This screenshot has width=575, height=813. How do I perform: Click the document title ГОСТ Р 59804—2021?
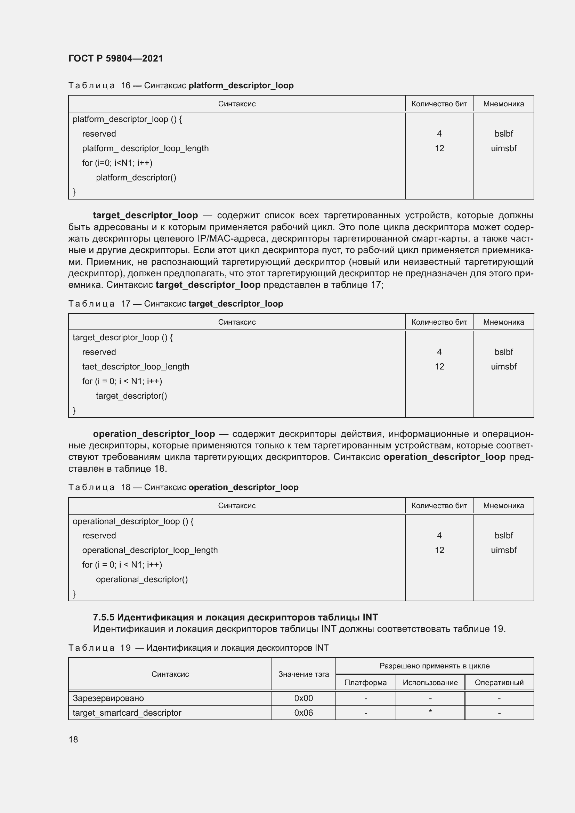pyautogui.click(x=116, y=58)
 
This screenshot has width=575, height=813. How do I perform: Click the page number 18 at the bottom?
pyautogui.click(x=73, y=739)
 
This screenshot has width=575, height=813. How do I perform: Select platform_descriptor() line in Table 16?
pyautogui.click(x=136, y=177)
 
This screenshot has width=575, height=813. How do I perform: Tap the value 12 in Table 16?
pyautogui.click(x=439, y=148)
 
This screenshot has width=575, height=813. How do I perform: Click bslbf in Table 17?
pyautogui.click(x=503, y=352)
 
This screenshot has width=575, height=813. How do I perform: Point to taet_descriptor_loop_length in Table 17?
pyautogui.click(x=136, y=366)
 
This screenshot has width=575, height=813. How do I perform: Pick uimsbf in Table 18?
pyautogui.click(x=503, y=550)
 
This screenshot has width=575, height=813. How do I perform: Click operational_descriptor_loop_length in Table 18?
pyautogui.click(x=150, y=550)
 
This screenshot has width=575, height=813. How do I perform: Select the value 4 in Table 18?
pyautogui.click(x=439, y=535)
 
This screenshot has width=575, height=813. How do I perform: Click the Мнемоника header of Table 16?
pyautogui.click(x=503, y=104)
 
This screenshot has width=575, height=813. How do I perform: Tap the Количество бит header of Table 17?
pyautogui.click(x=439, y=322)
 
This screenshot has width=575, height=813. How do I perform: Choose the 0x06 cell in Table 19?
pyautogui.click(x=303, y=713)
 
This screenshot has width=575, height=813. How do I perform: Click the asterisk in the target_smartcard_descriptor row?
pyautogui.click(x=430, y=712)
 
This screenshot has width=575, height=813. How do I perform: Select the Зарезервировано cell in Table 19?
pyautogui.click(x=108, y=698)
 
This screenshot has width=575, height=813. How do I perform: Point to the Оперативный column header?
pyautogui.click(x=499, y=682)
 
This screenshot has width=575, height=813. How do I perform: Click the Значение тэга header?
pyautogui.click(x=303, y=674)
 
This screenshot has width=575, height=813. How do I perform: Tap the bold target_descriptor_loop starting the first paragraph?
pyautogui.click(x=145, y=215)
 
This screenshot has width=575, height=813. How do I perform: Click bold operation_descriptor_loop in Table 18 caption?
pyautogui.click(x=243, y=487)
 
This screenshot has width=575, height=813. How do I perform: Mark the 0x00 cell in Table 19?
pyautogui.click(x=303, y=698)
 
